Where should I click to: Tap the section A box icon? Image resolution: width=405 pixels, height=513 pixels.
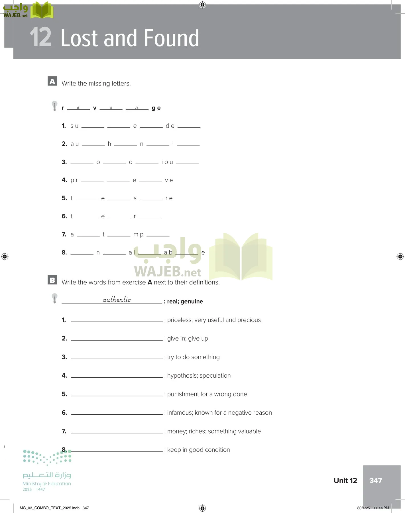point(52,81)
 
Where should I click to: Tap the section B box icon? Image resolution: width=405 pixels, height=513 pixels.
point(52,280)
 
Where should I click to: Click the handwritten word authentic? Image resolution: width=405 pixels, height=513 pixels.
point(117,300)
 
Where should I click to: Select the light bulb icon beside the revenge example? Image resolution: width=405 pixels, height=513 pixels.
point(54,106)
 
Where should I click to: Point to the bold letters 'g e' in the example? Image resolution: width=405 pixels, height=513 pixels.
point(156,108)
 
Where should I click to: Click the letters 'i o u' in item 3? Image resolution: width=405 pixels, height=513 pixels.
point(167,162)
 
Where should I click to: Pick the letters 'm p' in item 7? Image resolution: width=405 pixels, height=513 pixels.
point(139,235)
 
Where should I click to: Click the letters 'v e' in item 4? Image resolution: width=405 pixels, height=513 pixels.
point(169,180)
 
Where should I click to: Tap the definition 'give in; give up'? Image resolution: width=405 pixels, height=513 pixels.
point(188,339)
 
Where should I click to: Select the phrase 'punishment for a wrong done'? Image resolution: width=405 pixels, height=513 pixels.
point(207,394)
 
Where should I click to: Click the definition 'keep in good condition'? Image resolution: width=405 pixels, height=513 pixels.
point(198,450)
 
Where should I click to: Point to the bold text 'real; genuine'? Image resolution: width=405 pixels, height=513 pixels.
point(185,302)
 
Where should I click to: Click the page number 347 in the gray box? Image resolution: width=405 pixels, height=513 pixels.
point(376,481)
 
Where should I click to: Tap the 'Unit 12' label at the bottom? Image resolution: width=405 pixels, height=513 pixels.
point(345,481)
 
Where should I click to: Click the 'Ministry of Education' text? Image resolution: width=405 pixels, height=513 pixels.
point(47,484)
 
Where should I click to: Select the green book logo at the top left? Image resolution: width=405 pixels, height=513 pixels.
point(42,10)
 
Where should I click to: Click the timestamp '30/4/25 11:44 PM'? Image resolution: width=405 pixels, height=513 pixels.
point(373,508)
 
